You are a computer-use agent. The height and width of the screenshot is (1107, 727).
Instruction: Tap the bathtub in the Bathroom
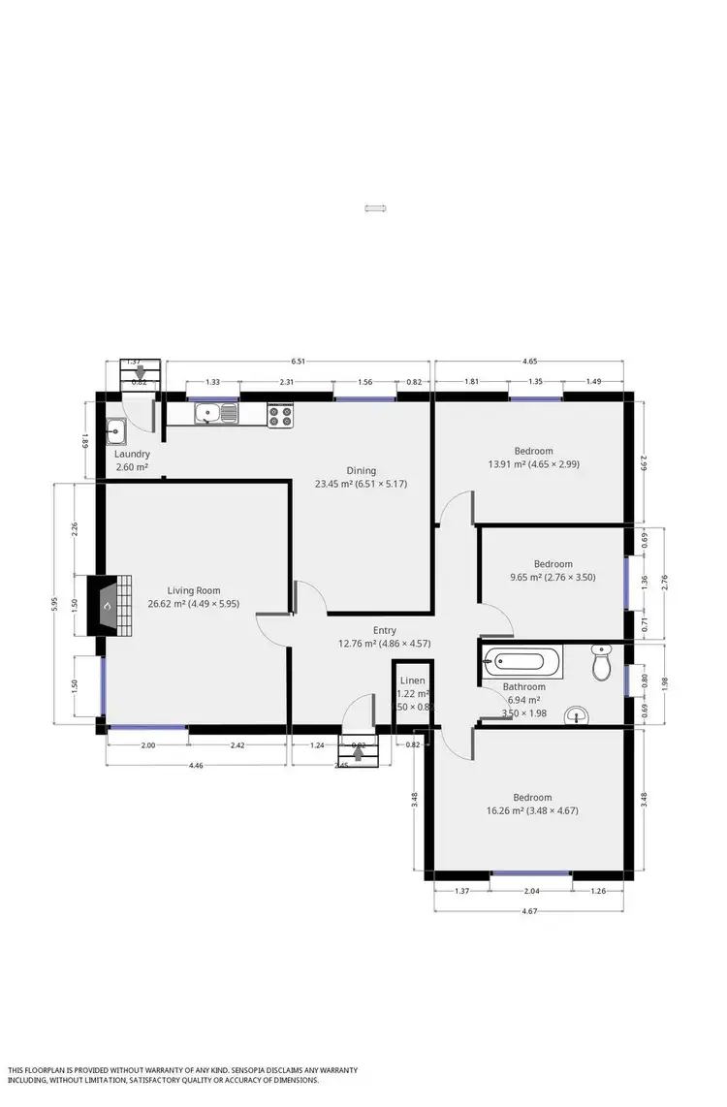(x=521, y=663)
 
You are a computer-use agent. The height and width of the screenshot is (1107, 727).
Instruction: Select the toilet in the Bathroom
(x=602, y=664)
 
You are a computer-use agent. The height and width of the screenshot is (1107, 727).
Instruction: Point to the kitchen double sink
(x=215, y=415)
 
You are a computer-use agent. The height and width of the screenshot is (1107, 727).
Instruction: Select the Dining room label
(x=362, y=471)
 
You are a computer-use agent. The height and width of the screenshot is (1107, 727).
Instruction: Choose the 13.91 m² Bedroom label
(x=533, y=451)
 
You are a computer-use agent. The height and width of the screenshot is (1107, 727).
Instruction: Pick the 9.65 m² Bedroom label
(x=553, y=564)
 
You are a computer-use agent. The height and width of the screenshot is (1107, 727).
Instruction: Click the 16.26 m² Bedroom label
(x=533, y=798)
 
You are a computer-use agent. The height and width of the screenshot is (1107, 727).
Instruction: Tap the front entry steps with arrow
(x=359, y=750)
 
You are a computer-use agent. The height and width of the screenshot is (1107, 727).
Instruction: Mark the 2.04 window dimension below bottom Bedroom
(x=531, y=891)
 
